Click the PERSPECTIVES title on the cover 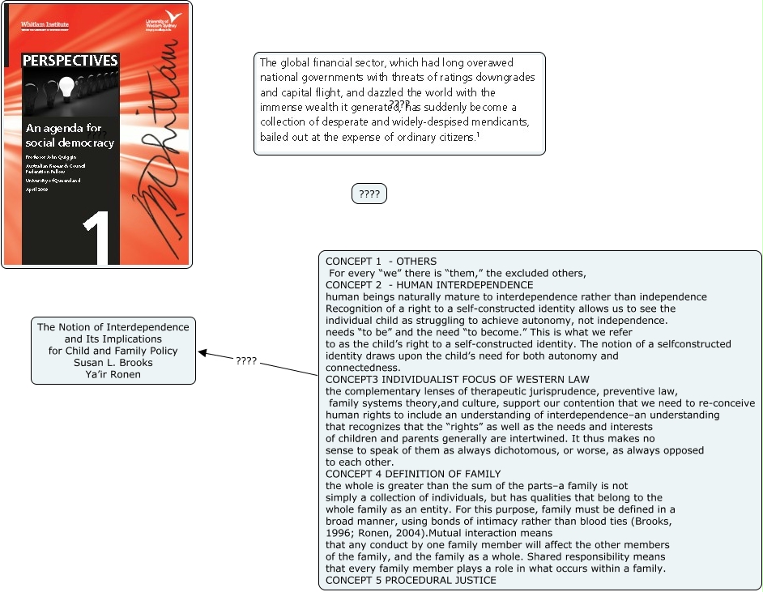[x=70, y=61]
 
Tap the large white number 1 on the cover [x=100, y=241]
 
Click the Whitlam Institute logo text [x=45, y=25]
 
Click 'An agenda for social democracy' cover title [x=69, y=135]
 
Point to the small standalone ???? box [x=369, y=194]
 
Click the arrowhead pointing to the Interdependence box [x=202, y=353]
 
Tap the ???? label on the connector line [x=246, y=361]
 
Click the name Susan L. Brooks [x=113, y=363]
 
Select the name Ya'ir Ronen [x=113, y=375]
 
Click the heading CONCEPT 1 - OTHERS [x=381, y=262]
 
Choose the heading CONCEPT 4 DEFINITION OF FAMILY [x=413, y=474]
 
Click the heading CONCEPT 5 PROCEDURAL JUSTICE [x=411, y=580]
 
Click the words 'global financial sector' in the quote [x=334, y=62]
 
